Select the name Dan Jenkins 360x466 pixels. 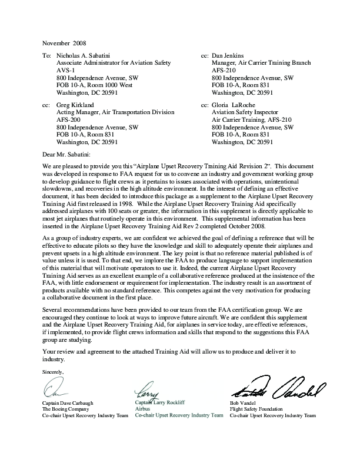(x=231, y=54)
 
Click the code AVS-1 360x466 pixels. (x=66, y=69)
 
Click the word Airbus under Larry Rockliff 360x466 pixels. (x=144, y=408)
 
